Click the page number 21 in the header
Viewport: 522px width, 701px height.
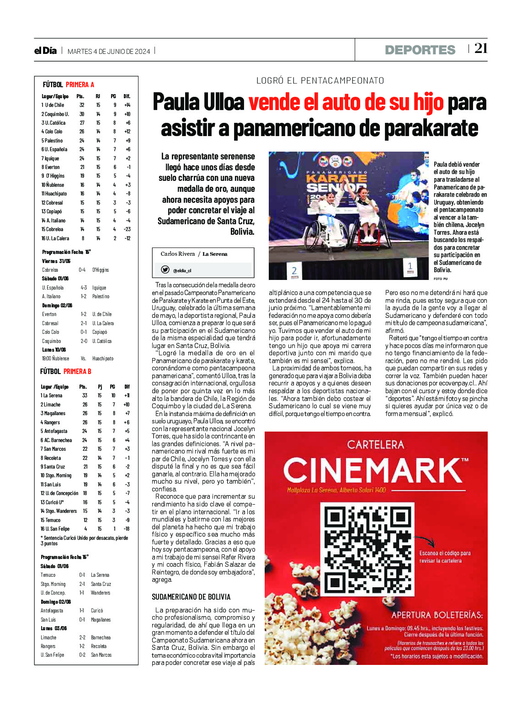[x=480, y=48]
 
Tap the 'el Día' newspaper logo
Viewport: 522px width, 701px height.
[x=45, y=51]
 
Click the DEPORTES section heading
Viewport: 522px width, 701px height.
[x=420, y=50]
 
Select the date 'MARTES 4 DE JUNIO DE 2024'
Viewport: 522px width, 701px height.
[x=109, y=52]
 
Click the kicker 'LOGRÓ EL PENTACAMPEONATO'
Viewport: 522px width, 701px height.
[x=320, y=81]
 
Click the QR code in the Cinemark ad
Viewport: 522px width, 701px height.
[x=369, y=550]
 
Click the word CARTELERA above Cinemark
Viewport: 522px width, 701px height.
[x=375, y=444]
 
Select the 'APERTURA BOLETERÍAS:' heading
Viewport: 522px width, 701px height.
[x=437, y=615]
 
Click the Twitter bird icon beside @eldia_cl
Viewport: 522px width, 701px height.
[x=165, y=270]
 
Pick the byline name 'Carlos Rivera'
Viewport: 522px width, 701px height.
[x=177, y=254]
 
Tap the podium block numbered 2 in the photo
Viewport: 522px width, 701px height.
[x=294, y=271]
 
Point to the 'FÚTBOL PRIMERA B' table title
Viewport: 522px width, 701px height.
[x=66, y=371]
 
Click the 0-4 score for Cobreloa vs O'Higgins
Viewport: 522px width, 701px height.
[x=82, y=270]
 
